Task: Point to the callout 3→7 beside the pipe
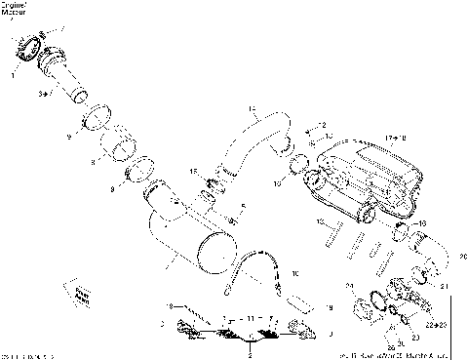(x=42, y=95)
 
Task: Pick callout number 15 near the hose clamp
(x=195, y=172)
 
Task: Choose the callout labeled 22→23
(x=448, y=322)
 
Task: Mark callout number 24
(x=348, y=285)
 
